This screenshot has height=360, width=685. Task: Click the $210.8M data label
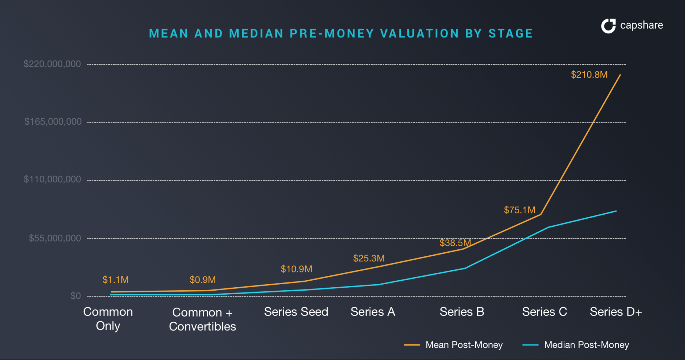589,75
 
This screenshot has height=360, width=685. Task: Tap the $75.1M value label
520,210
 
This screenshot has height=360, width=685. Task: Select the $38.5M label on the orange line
455,243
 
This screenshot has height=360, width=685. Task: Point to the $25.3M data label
368,258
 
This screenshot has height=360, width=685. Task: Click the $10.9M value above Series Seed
296,269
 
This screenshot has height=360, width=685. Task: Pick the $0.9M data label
202,280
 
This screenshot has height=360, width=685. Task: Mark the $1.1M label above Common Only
115,280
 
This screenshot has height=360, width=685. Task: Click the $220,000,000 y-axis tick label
52,64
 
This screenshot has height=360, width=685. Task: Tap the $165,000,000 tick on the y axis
53,122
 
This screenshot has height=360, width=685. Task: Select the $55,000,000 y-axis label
55,238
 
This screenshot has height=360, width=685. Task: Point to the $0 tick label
76,296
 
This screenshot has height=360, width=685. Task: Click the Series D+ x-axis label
616,312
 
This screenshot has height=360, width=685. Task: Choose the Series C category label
544,312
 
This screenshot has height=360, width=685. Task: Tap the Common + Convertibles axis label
202,319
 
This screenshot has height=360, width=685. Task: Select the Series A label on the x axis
373,312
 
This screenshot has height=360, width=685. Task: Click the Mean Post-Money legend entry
453,345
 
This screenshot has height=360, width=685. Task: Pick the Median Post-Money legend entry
576,345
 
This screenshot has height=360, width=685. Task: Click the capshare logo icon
608,26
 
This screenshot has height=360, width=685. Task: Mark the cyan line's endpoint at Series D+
616,211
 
